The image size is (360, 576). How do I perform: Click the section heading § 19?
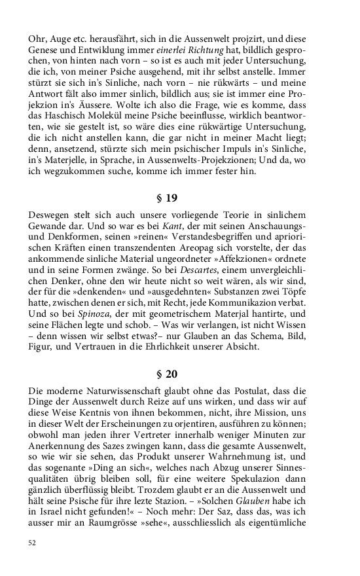point(168,198)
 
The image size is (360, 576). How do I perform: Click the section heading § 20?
point(168,375)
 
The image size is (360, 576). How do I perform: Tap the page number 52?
point(33,543)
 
